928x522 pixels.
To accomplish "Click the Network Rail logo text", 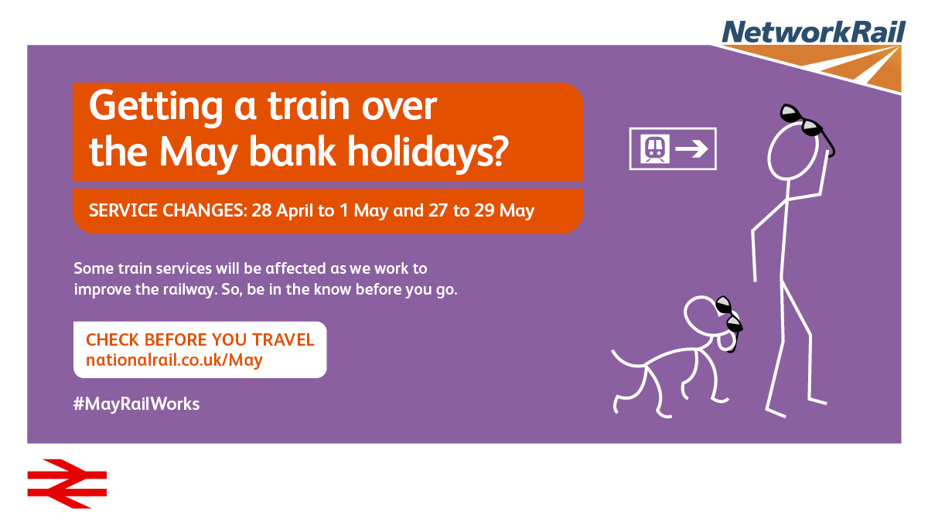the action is pos(814,32).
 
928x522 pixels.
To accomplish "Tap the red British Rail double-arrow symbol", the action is pos(67,483).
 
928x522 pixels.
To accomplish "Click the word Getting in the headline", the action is pos(155,107).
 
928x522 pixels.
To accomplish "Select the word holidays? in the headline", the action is pos(428,152).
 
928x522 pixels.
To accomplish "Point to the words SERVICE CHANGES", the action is pos(168,210).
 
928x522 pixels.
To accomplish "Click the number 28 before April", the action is pos(261,210).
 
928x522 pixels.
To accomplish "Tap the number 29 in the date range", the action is pos(484,210).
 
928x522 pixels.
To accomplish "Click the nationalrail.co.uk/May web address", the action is pos(174,360).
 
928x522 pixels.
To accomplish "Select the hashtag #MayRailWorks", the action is pos(136,404).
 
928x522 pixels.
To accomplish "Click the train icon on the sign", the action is pos(654,148).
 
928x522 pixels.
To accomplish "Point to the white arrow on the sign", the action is pos(692,148).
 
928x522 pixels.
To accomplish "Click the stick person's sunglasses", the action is pos(806,126).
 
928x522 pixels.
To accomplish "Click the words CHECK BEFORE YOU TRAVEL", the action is pos(200,339).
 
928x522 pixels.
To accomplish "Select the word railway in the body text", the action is pos(189,289).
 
